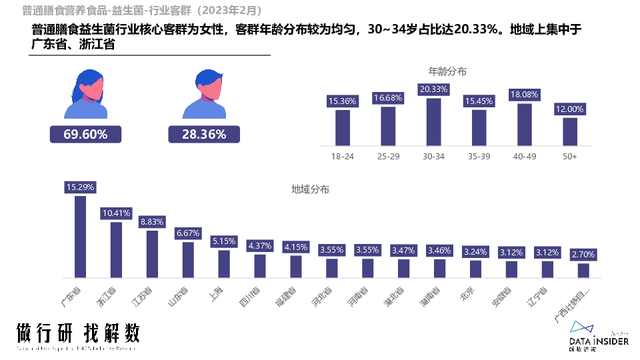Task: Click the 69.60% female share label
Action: (85, 135)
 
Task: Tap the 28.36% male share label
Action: (204, 135)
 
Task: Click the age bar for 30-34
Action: (433, 122)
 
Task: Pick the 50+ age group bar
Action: (569, 131)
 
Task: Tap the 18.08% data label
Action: (524, 95)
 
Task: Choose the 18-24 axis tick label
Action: (342, 157)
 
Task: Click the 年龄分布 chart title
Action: (447, 71)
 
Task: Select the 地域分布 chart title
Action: (310, 189)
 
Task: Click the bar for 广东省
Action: (80, 237)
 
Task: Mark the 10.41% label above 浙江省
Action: (116, 213)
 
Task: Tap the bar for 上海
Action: (224, 264)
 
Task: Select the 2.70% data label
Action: (583, 255)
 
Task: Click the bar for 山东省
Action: (188, 260)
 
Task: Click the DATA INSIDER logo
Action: (599, 336)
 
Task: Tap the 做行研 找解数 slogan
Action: (78, 334)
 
